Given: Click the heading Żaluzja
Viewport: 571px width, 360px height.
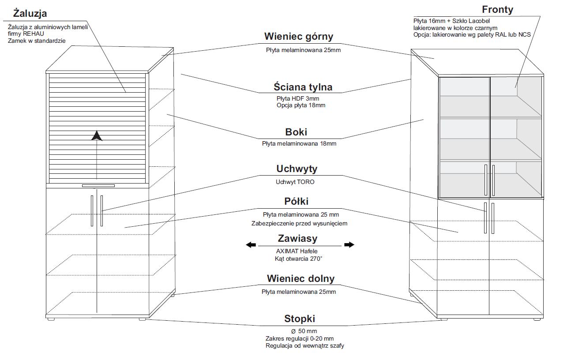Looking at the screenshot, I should pyautogui.click(x=30, y=13).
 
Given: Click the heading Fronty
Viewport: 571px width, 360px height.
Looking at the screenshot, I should pyautogui.click(x=497, y=10).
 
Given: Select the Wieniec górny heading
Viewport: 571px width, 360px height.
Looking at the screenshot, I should pyautogui.click(x=299, y=37).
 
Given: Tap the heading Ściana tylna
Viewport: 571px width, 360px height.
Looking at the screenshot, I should pyautogui.click(x=303, y=87).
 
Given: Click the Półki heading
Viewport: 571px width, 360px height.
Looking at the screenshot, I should pyautogui.click(x=296, y=202).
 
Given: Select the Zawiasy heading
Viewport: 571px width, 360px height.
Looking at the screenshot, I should pyautogui.click(x=297, y=239).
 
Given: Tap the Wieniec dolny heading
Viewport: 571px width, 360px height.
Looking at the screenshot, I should pyautogui.click(x=301, y=279).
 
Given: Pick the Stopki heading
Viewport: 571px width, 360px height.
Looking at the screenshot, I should pyautogui.click(x=300, y=319).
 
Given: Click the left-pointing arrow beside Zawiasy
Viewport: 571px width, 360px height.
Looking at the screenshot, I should pyautogui.click(x=251, y=245).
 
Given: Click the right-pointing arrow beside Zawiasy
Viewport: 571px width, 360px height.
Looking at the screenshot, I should pyautogui.click(x=349, y=245).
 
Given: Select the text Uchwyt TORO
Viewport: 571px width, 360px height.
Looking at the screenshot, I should pyautogui.click(x=295, y=182).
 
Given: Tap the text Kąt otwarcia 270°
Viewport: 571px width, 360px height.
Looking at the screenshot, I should pyautogui.click(x=298, y=259).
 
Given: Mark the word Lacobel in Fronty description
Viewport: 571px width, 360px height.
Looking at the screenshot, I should pyautogui.click(x=476, y=21).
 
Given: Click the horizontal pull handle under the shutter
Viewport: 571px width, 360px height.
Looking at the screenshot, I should pyautogui.click(x=98, y=185).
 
